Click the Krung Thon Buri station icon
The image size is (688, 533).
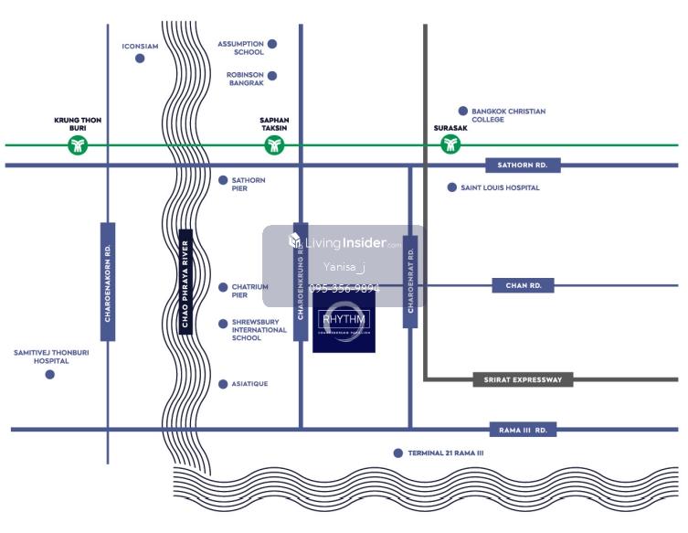(78, 144)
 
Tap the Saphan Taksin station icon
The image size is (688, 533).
(273, 144)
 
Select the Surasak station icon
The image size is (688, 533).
(450, 144)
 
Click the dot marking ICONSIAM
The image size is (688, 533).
(140, 59)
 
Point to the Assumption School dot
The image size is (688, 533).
(272, 44)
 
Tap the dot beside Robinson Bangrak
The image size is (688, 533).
(272, 76)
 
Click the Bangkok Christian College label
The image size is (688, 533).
(508, 115)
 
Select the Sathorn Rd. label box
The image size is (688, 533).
(523, 165)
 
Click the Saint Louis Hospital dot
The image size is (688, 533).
(451, 187)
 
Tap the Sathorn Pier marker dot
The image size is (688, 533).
(223, 180)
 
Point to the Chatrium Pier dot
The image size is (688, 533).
(223, 287)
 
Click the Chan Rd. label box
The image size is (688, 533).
(524, 285)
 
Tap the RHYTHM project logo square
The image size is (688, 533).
(344, 321)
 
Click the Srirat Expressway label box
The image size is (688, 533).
(523, 378)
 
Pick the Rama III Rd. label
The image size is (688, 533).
(523, 429)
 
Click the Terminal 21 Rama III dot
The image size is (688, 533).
(397, 453)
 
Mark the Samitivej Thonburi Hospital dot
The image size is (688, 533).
(49, 374)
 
